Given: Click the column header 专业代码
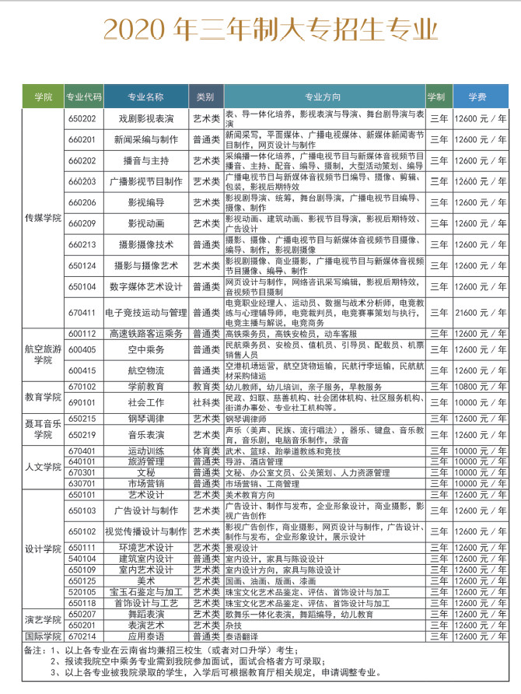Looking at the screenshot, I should [84, 97].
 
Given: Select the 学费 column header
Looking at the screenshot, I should [477, 97].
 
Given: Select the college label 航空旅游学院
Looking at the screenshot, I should [43, 355].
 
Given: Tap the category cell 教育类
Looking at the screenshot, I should [205, 386].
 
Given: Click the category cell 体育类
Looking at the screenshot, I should [205, 450].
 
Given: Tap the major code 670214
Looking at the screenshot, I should [82, 635].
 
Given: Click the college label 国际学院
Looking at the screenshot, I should [43, 635].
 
